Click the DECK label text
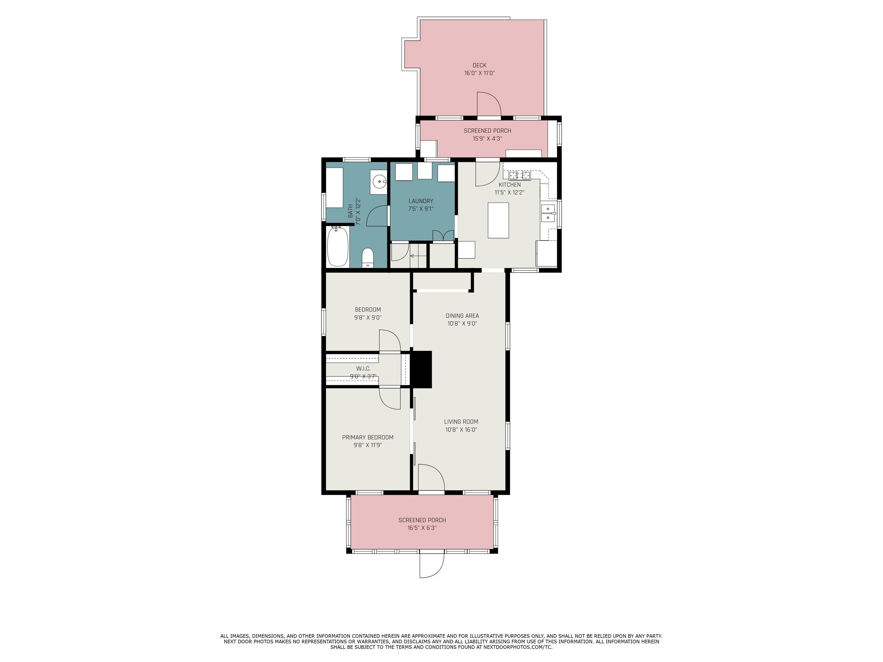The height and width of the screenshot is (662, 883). point(479,66)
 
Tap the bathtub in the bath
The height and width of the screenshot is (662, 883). point(338,246)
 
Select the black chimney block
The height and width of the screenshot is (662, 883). point(421,369)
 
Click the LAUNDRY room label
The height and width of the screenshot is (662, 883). point(421,201)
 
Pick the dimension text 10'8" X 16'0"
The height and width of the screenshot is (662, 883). point(461,430)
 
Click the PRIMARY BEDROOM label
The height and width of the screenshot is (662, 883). point(368,437)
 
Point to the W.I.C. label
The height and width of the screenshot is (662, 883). point(363,369)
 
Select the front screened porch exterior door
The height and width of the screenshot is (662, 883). point(431,564)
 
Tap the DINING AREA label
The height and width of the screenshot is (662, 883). point(462,316)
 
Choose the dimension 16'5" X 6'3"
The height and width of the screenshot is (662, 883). point(422,528)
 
